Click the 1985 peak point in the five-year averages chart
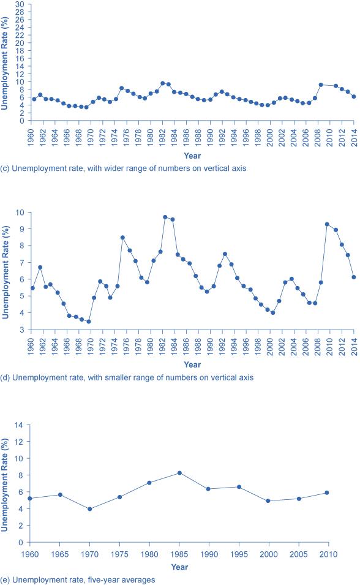pyautogui.click(x=179, y=473)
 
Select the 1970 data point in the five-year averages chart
pyautogui.click(x=90, y=509)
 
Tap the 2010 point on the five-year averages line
pyautogui.click(x=328, y=493)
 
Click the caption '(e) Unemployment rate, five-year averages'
pyautogui.click(x=79, y=579)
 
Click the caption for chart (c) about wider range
pyautogui.click(x=124, y=168)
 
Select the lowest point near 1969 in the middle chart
pyautogui.click(x=89, y=322)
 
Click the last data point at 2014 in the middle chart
pyautogui.click(x=353, y=277)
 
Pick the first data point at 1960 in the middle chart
pyautogui.click(x=32, y=288)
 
